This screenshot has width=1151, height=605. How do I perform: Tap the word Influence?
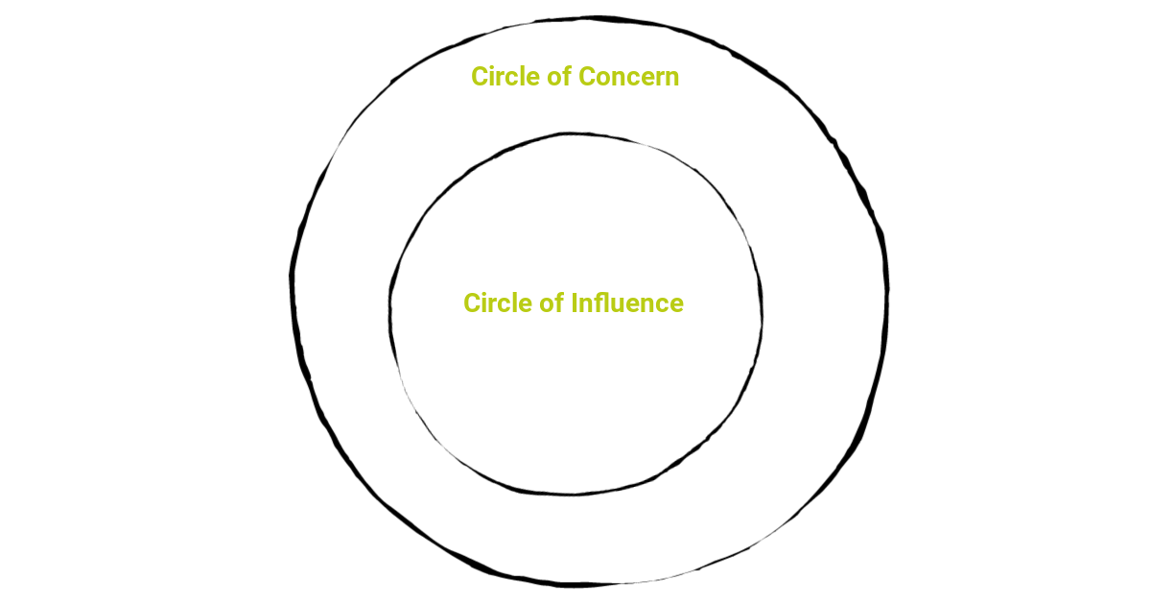[627, 303]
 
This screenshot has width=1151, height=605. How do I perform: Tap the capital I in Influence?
[575, 303]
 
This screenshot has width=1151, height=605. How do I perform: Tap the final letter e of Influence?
[675, 305]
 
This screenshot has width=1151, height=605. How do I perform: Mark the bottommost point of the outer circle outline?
[575, 584]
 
